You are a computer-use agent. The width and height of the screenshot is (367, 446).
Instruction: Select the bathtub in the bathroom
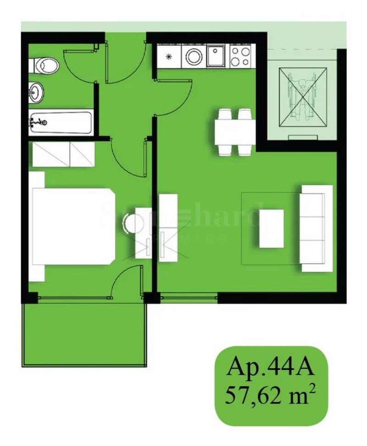click(x=60, y=122)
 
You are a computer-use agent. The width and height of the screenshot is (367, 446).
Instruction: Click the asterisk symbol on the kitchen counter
click(x=168, y=57)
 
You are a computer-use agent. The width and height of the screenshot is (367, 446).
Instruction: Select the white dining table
click(x=235, y=131)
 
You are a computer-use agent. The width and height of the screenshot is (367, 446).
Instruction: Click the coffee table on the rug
click(x=272, y=228)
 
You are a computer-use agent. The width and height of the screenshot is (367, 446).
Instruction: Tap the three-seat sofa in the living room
click(x=316, y=228)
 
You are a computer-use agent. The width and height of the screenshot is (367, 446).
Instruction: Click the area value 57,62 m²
click(x=271, y=395)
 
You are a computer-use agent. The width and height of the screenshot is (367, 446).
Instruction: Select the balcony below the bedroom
click(x=84, y=332)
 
